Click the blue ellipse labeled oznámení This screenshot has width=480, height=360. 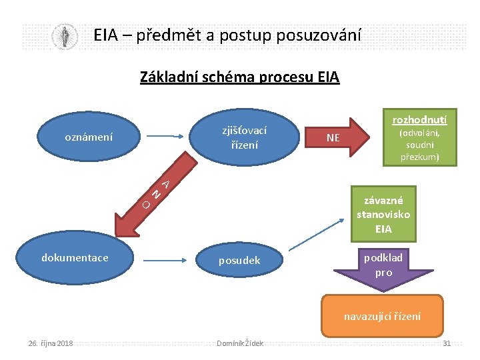pos(88,137)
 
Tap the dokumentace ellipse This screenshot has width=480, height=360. pos(75,258)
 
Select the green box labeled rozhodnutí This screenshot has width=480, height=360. pos(419,137)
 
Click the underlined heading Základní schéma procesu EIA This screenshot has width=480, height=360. pos(239,77)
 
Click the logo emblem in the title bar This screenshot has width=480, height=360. pos(65,36)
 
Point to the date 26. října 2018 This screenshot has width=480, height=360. pos(51,343)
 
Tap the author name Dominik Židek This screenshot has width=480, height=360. pos(240,343)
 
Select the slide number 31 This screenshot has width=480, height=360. pos(447,343)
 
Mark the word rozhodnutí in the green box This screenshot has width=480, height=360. pos(419,120)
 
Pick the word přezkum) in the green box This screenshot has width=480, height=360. pos(419,158)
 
